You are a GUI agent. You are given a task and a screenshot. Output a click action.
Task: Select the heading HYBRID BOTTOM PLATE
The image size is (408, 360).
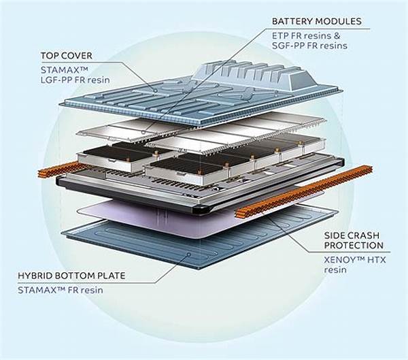[x=80, y=277]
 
